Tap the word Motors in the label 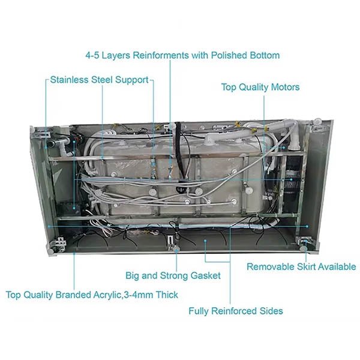click(282, 87)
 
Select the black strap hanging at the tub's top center click(178, 141)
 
